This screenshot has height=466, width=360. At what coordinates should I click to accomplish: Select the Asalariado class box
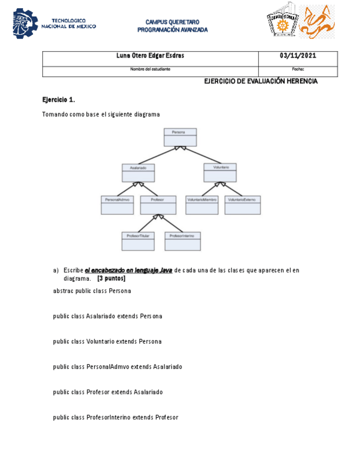point(138,173)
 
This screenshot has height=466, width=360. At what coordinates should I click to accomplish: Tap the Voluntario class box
point(220,173)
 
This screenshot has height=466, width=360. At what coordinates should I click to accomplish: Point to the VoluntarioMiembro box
point(202,205)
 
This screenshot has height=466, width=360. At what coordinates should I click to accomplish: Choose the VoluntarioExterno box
point(243,205)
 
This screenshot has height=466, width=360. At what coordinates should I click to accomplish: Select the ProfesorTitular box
point(138,241)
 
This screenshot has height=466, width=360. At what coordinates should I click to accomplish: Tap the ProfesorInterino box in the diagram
point(183,241)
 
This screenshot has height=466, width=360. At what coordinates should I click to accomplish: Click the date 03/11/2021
point(298,56)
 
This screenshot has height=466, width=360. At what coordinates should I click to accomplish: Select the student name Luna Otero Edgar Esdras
point(150,56)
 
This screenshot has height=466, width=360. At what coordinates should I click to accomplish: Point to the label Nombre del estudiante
point(150,69)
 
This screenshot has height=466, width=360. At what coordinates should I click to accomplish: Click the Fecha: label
point(298,69)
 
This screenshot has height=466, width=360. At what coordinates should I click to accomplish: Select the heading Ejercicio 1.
point(58,100)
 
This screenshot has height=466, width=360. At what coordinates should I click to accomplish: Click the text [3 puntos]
point(111,279)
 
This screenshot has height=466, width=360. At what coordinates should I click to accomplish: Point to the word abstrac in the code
point(63,291)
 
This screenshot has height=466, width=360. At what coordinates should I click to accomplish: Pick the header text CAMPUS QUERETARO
point(172,22)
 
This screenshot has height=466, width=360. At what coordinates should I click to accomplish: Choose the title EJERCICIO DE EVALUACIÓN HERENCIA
point(261,81)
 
